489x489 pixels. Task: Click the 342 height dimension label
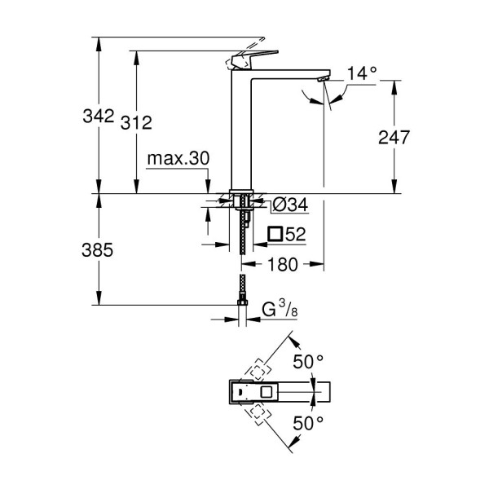[98, 117]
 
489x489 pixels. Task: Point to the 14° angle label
[361, 73]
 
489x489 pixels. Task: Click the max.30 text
[178, 159]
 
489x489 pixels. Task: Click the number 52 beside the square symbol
[295, 235]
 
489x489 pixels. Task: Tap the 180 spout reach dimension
[283, 264]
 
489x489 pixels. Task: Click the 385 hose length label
[98, 250]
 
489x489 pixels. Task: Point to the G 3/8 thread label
[278, 309]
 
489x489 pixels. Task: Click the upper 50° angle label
[309, 360]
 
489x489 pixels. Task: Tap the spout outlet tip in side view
[322, 78]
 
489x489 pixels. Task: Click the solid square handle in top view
[262, 391]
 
